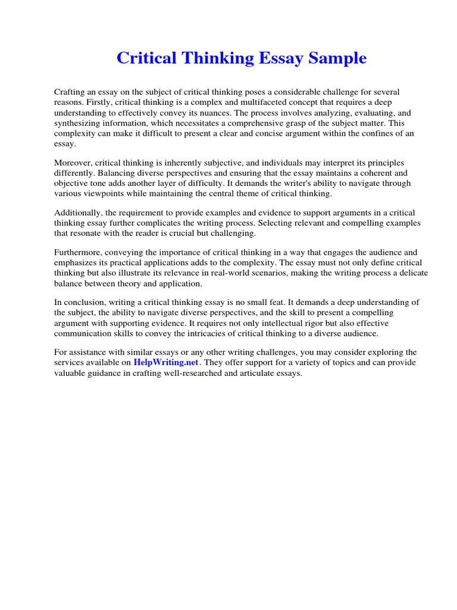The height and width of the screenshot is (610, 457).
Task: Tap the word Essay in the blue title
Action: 282,58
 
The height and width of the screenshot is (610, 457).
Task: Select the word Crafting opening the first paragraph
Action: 70,92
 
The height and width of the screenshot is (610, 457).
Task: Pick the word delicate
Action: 409,273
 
